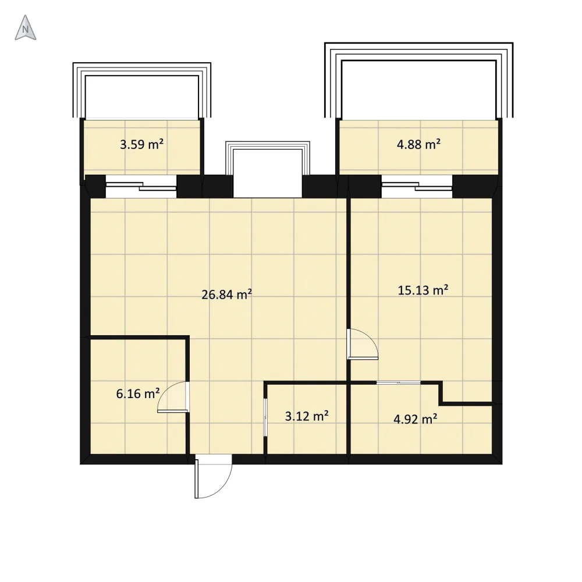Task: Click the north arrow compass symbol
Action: [x=25, y=27]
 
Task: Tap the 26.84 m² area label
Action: [x=227, y=294]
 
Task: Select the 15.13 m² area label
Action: [x=423, y=290]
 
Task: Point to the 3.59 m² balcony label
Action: [x=142, y=144]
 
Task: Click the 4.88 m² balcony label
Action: [x=418, y=144]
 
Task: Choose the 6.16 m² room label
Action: [x=138, y=393]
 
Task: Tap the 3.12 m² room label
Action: [x=307, y=416]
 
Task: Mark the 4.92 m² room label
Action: [x=415, y=420]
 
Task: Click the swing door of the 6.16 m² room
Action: [x=173, y=397]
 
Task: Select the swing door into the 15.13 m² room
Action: [x=362, y=344]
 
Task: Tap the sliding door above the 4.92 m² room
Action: [x=399, y=382]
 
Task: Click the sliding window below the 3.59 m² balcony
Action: [x=141, y=186]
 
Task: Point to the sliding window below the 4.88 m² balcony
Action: [x=417, y=186]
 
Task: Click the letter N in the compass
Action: [x=25, y=29]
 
